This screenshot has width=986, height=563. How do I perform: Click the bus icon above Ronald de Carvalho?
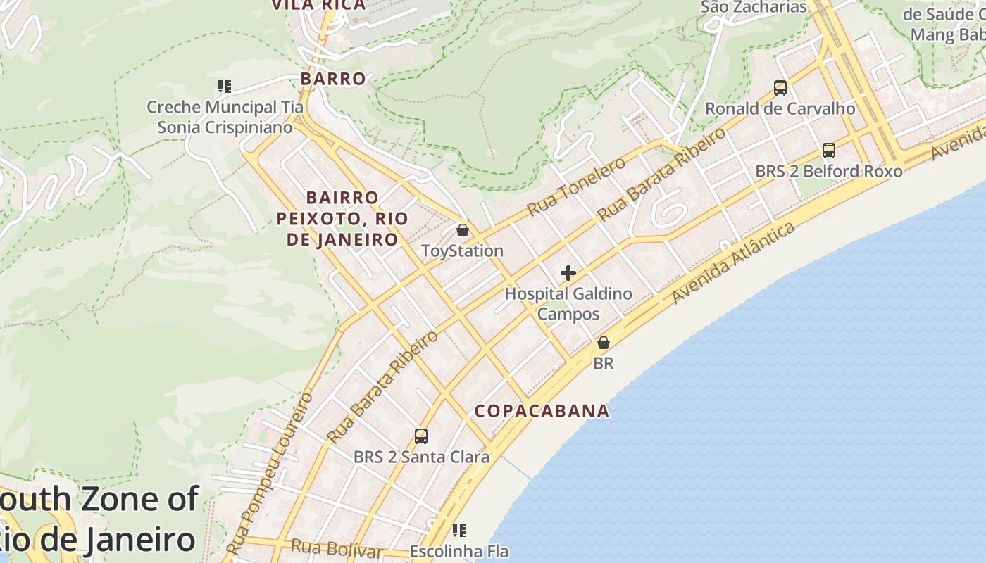click(780, 88)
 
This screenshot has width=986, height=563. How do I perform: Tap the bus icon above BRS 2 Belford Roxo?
click(829, 151)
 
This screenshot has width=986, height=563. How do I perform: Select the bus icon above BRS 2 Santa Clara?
click(421, 436)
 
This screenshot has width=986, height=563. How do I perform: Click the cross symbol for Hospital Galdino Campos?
click(568, 273)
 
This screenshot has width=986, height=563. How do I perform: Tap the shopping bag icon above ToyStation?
click(463, 230)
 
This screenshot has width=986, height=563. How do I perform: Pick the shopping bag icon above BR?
click(604, 343)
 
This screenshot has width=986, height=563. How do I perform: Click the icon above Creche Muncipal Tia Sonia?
click(225, 87)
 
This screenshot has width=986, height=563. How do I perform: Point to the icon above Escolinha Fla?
click(459, 530)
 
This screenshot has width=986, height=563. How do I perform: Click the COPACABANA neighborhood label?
click(542, 411)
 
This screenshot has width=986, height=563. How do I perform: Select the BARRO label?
click(333, 79)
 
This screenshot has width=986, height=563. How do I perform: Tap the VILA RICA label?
click(319, 5)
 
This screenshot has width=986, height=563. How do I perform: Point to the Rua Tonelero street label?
click(576, 186)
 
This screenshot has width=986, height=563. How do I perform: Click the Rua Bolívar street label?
click(337, 548)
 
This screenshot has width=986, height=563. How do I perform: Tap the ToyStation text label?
click(462, 251)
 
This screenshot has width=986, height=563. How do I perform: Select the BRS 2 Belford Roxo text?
click(828, 171)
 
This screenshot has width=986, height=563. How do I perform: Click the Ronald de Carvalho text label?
click(780, 109)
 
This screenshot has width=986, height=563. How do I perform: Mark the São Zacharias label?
click(754, 7)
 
